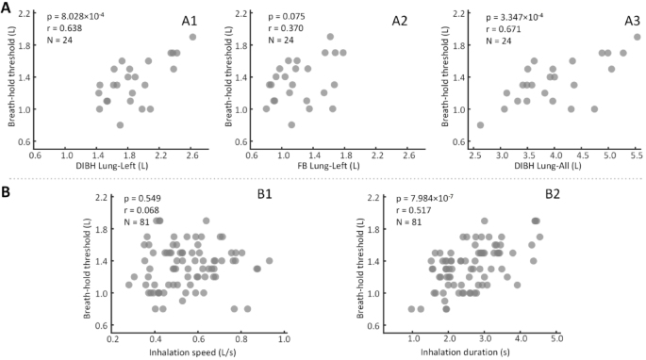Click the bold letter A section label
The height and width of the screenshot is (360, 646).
click(8, 8)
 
